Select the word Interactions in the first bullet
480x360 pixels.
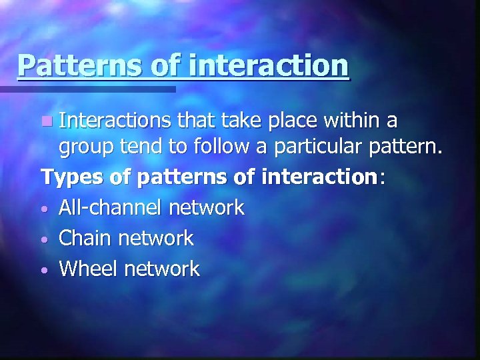[x=115, y=121]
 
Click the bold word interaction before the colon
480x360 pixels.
[x=319, y=177]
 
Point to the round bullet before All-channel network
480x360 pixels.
[x=45, y=209]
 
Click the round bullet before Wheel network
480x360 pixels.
[x=45, y=271]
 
